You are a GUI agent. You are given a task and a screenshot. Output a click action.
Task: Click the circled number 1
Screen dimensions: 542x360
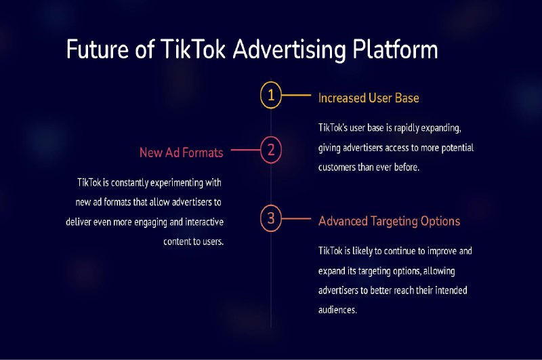(270, 95)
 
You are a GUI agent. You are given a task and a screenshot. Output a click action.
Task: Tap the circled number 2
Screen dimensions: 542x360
(270, 150)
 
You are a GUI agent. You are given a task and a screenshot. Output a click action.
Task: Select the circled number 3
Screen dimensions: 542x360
(270, 218)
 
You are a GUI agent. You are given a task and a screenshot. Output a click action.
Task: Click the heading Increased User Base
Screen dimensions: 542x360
(369, 98)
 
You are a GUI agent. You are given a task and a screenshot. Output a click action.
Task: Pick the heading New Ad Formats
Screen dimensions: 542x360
(182, 153)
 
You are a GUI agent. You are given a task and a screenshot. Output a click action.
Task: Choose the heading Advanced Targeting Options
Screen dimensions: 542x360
(389, 221)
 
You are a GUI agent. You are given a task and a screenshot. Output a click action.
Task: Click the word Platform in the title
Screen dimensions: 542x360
(395, 49)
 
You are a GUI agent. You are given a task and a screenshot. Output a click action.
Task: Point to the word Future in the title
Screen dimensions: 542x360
(98, 49)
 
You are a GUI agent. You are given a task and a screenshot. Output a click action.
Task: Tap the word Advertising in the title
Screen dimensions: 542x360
(289, 50)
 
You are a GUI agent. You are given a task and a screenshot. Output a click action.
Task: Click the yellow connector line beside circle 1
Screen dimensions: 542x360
(296, 95)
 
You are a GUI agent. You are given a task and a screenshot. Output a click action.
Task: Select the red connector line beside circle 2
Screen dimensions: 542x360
(245, 150)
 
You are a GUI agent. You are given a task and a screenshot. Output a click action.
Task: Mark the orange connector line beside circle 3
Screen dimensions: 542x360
(296, 218)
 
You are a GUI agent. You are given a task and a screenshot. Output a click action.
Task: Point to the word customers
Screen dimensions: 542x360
(337, 167)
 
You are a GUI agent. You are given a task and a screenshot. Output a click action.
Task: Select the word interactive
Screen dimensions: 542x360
(205, 222)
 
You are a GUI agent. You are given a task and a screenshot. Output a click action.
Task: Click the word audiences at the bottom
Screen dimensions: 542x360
(337, 310)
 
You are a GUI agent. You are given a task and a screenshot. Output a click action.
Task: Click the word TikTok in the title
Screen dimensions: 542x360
(193, 49)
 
